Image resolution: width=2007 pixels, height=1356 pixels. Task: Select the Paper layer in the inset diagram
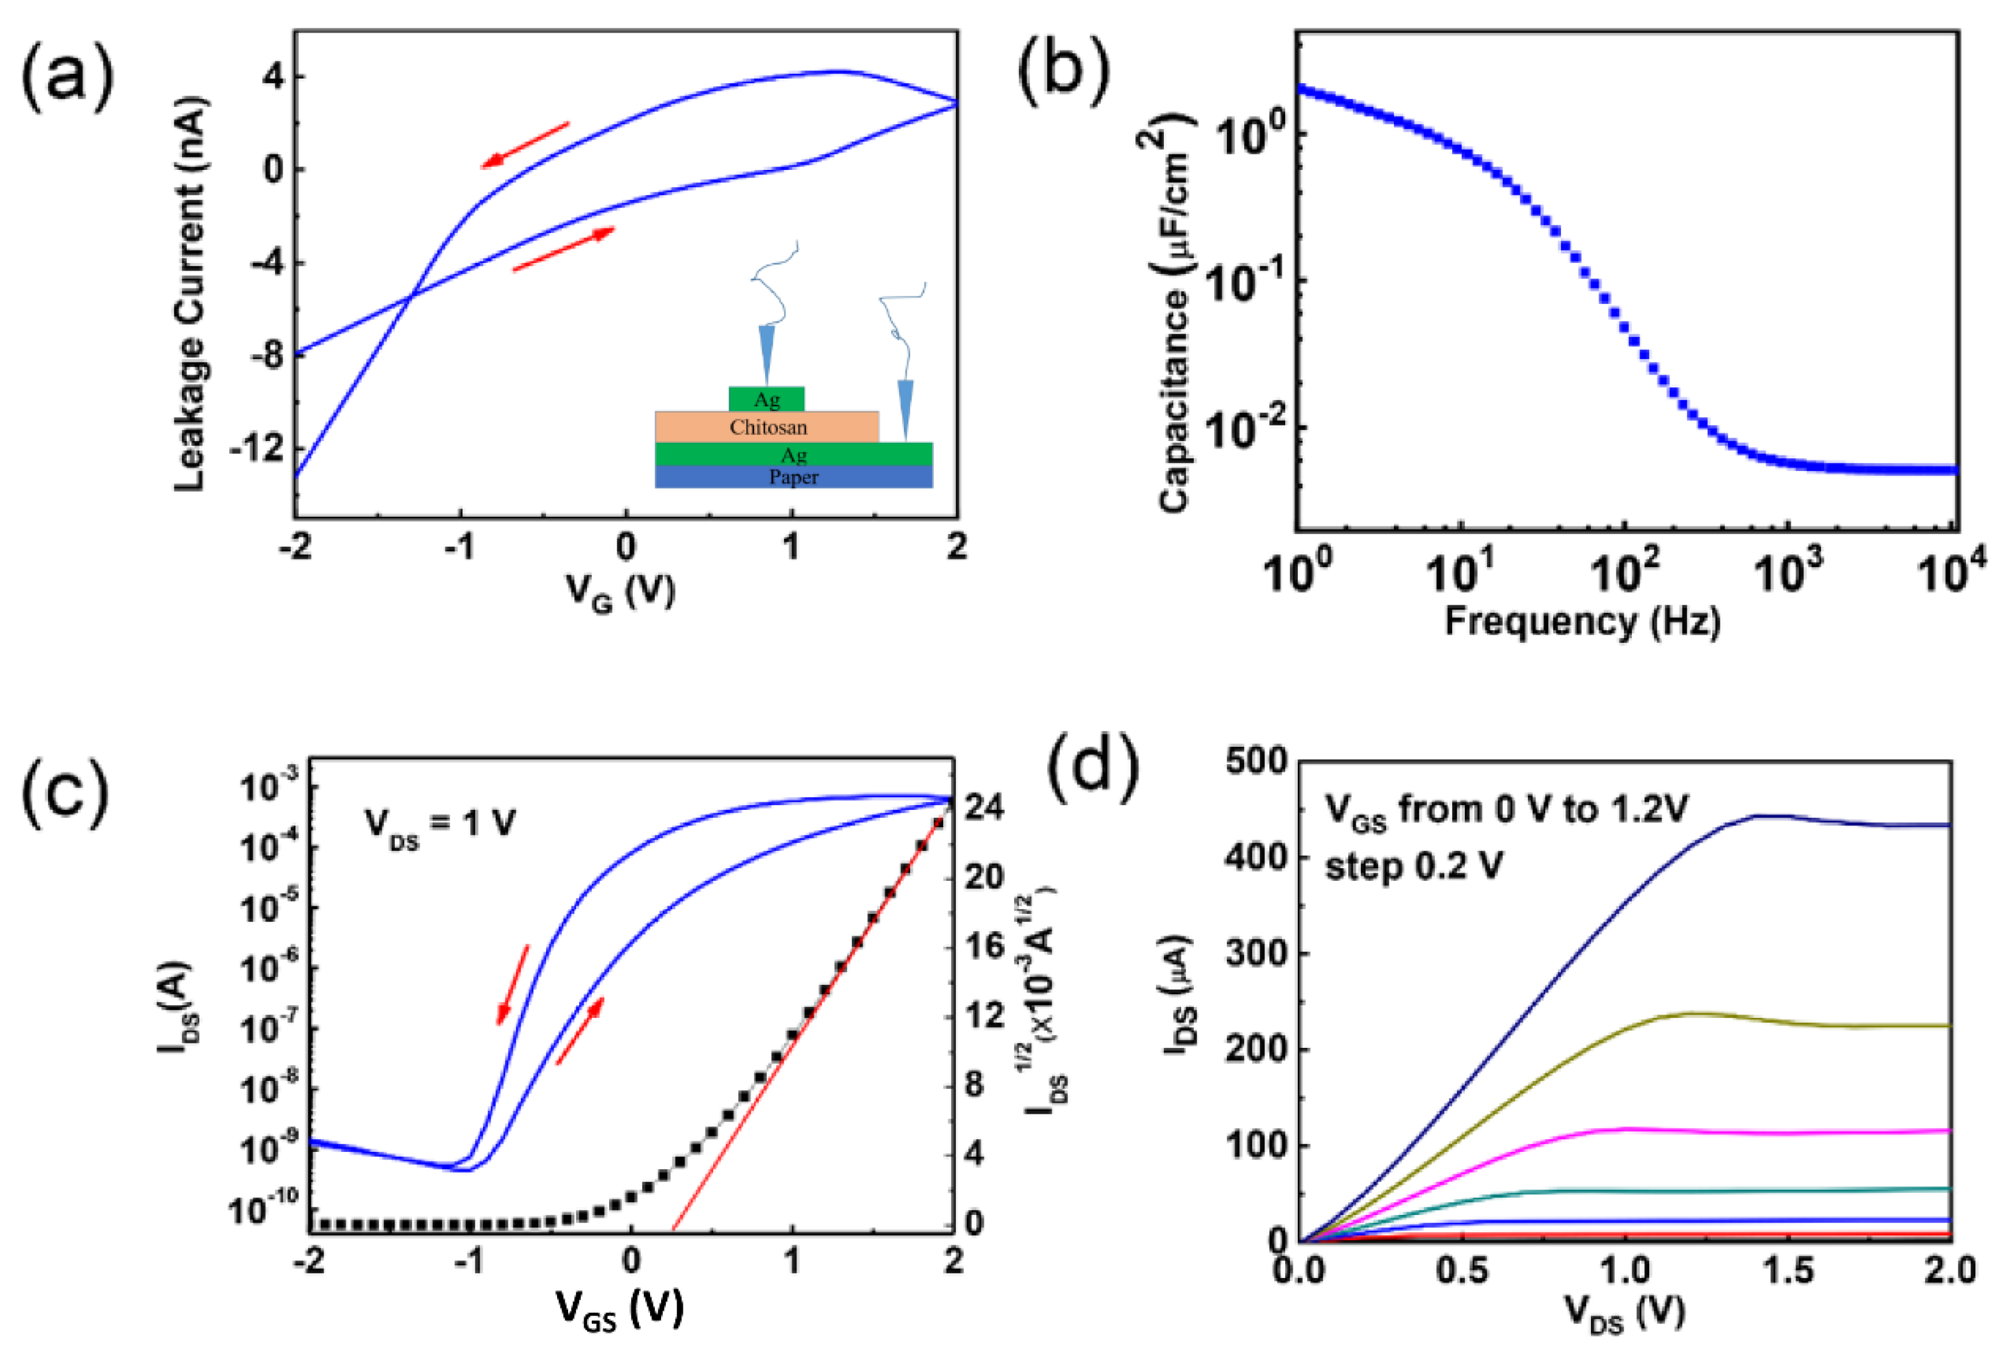click(x=793, y=477)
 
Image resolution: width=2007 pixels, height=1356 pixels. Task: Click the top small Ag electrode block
click(x=766, y=399)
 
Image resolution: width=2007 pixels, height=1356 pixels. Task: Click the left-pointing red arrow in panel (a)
click(x=525, y=145)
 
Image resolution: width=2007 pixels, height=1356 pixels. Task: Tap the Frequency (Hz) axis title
click(x=1582, y=620)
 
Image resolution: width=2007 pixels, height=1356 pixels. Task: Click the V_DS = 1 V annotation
click(x=440, y=825)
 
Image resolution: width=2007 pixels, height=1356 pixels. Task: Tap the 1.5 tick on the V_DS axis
click(x=1787, y=1270)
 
